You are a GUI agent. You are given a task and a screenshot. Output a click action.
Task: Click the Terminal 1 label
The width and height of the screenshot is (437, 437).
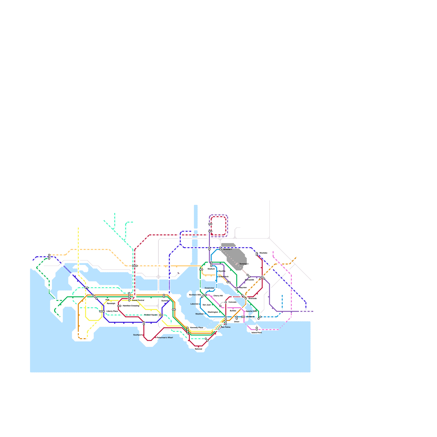tap(227, 249)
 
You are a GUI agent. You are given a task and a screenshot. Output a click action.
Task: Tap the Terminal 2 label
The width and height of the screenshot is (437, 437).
tap(244, 264)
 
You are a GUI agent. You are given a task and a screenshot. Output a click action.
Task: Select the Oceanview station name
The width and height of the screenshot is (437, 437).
tap(209, 288)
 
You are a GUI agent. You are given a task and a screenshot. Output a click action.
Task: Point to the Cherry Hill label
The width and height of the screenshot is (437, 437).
tap(218, 296)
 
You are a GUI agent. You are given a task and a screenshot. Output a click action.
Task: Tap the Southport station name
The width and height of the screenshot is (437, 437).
tap(137, 335)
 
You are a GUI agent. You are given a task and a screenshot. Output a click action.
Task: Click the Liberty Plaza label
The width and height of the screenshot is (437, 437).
tap(112, 311)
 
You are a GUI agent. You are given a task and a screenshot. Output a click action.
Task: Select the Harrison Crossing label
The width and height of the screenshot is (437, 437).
tap(131, 306)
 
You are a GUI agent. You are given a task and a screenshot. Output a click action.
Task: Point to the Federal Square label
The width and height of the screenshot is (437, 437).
tap(151, 315)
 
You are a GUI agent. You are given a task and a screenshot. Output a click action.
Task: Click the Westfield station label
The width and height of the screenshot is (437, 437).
tap(199, 314)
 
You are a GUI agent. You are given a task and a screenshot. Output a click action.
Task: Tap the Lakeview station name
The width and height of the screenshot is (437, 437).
tap(194, 304)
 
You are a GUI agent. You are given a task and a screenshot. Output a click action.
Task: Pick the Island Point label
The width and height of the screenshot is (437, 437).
tap(256, 333)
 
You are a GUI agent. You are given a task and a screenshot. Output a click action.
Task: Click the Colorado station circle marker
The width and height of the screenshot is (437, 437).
tap(226, 302)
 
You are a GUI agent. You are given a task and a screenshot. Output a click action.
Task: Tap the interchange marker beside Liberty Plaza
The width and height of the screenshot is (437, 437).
tap(102, 311)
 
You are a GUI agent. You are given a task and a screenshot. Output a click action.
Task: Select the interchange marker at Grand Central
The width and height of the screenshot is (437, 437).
tap(129, 297)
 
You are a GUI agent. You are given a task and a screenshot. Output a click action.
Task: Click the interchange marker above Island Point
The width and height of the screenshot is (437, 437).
tap(257, 329)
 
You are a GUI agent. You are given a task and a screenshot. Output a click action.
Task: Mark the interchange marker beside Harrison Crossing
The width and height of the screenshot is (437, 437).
tap(119, 306)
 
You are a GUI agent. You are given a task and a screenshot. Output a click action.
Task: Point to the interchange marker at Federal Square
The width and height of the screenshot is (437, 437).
tap(161, 315)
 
